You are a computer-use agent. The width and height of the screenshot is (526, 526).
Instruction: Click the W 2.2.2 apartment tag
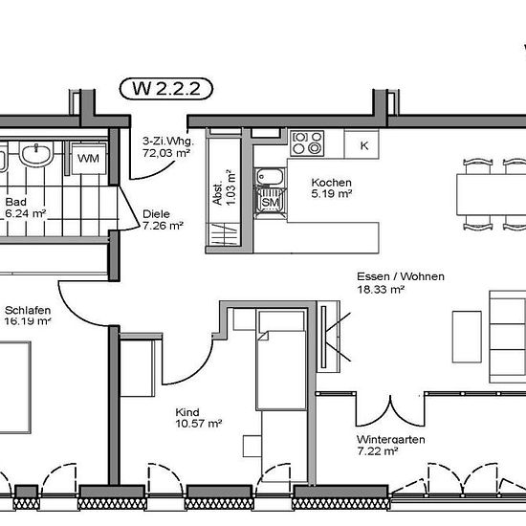(166, 89)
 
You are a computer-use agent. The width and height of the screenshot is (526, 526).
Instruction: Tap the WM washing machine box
(89, 159)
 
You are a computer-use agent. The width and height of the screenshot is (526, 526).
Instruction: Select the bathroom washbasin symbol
(36, 153)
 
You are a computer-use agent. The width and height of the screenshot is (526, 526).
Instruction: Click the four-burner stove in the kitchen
(307, 143)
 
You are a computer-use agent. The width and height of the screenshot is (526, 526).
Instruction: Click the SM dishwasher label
(271, 203)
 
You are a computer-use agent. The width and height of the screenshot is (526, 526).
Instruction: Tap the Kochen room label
(332, 183)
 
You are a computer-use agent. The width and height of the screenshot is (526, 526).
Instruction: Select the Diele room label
(156, 214)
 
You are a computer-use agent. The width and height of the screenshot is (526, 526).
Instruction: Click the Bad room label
(15, 202)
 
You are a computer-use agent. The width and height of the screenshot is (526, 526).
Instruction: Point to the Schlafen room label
(28, 310)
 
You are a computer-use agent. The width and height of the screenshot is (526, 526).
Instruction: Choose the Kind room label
(187, 412)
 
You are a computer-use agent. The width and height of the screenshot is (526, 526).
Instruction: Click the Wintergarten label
(391, 440)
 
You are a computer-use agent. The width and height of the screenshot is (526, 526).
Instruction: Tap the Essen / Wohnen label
(401, 276)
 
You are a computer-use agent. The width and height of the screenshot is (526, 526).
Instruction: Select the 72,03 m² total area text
(166, 153)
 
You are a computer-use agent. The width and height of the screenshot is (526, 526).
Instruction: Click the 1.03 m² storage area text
(231, 187)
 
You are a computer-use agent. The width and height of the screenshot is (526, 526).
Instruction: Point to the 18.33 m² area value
(381, 289)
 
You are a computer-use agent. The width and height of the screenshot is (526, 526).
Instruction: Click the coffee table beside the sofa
(467, 337)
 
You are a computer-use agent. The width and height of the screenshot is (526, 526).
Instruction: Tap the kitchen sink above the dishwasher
(270, 177)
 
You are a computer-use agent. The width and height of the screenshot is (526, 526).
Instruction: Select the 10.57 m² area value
(199, 424)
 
